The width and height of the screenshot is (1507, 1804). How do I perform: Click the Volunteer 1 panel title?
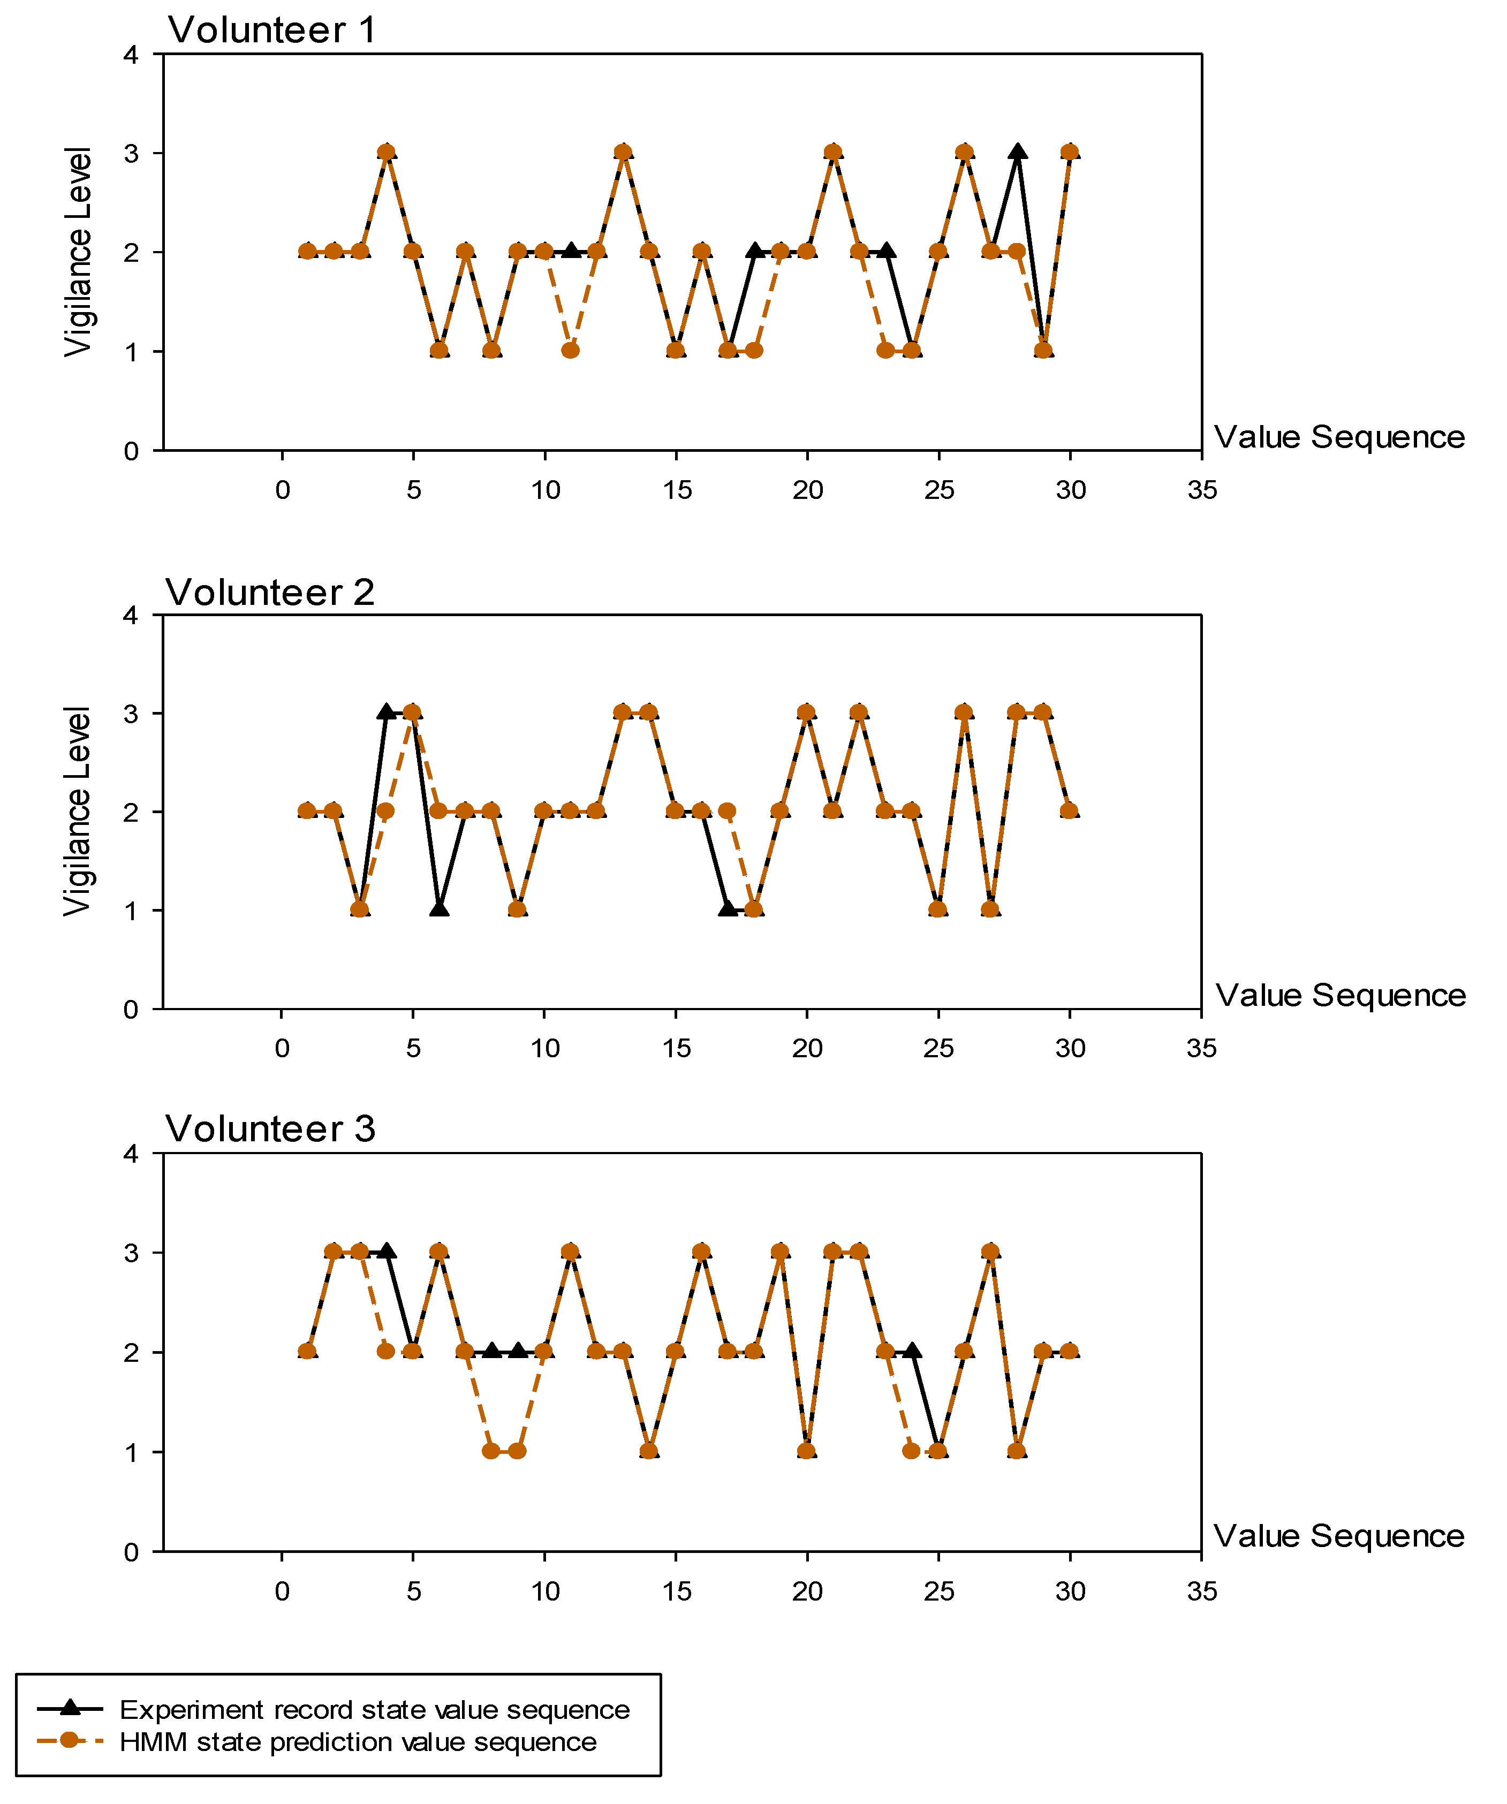tap(271, 30)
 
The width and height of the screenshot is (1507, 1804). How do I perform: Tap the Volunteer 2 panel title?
tap(270, 593)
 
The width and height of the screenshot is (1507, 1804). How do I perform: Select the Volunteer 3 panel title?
tap(270, 1129)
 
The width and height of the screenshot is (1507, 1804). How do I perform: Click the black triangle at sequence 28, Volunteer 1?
tap(1017, 153)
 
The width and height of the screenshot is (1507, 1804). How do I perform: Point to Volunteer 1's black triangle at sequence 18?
tap(754, 251)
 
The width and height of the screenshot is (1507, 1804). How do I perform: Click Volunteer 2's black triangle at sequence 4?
tap(386, 712)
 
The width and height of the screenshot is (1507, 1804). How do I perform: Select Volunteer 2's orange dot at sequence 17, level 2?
tap(727, 811)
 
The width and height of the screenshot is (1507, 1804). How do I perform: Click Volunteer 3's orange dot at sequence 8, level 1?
tap(490, 1451)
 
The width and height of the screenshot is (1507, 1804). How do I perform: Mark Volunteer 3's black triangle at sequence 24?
tap(912, 1351)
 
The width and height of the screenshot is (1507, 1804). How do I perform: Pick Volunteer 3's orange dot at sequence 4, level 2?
tap(386, 1351)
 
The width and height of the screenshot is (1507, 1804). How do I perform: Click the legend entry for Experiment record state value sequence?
tap(374, 1709)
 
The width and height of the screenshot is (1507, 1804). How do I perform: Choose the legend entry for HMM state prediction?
tap(358, 1741)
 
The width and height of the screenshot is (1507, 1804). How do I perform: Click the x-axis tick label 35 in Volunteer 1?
tap(1201, 490)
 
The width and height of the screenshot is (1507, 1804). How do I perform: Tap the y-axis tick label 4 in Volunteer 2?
tap(131, 615)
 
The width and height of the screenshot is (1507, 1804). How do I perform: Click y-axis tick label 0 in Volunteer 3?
tap(131, 1551)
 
